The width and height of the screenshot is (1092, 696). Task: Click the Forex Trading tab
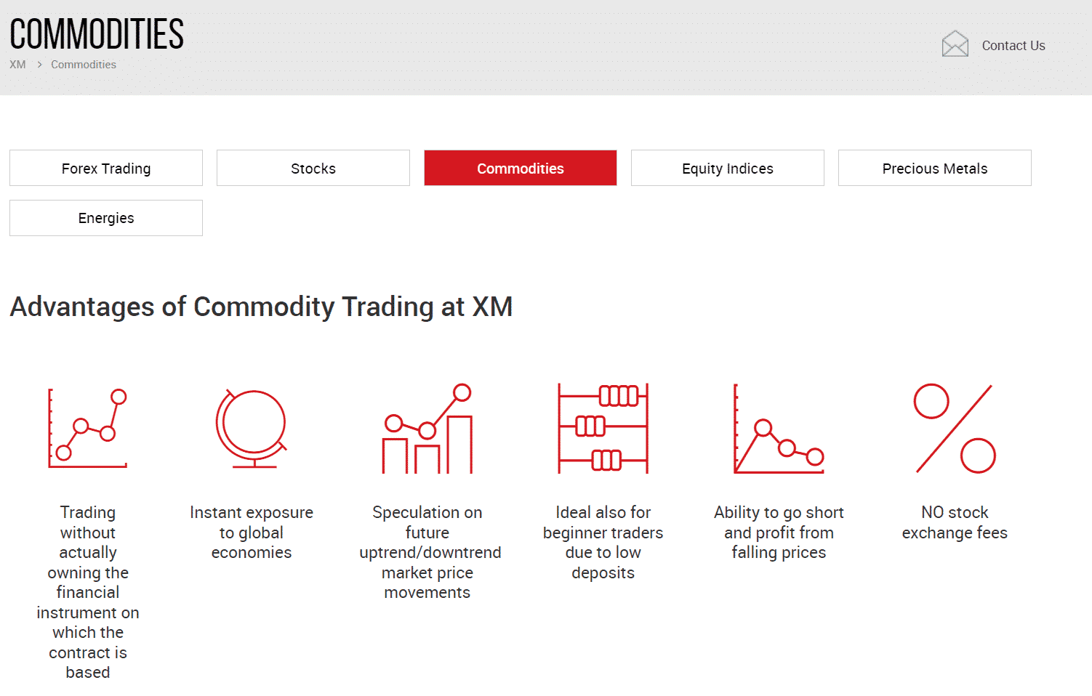click(106, 168)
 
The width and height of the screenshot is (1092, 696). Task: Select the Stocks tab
click(313, 168)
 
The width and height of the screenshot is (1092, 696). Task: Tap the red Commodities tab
click(520, 168)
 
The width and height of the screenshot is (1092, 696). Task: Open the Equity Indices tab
click(727, 168)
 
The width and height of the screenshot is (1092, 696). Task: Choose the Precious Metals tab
click(934, 168)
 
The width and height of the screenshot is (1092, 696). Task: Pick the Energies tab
click(106, 218)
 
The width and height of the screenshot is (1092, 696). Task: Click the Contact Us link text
click(1013, 45)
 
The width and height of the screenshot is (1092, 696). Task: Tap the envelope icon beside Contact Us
click(955, 44)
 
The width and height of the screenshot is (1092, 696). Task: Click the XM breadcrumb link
click(17, 64)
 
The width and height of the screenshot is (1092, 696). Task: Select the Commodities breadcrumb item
click(84, 64)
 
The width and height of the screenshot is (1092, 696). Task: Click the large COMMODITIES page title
click(97, 33)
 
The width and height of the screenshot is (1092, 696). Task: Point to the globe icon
click(252, 429)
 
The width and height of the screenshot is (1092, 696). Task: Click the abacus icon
click(603, 429)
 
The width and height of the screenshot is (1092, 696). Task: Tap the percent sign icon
click(955, 429)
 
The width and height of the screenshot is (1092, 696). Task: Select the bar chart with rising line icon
click(427, 429)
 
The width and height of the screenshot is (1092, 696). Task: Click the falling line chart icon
click(779, 429)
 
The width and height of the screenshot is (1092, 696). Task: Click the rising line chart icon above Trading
click(88, 429)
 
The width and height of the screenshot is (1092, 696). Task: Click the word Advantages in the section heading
click(82, 307)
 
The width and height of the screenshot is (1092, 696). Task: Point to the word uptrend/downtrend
click(430, 553)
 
